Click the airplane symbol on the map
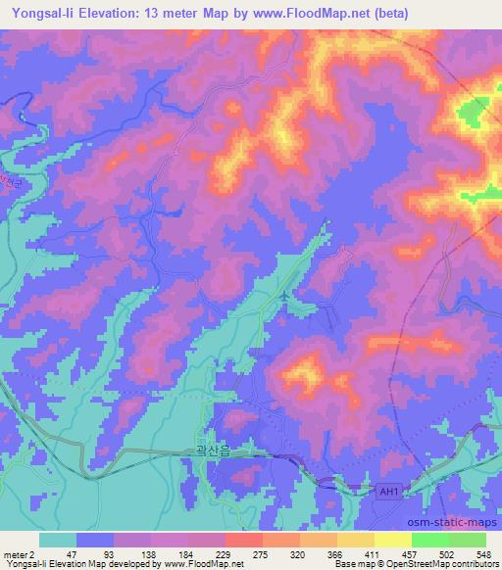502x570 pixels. [x=284, y=295]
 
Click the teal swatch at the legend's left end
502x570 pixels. [x=58, y=540]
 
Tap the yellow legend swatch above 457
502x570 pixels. [x=392, y=540]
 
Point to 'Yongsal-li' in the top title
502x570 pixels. [x=40, y=13]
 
